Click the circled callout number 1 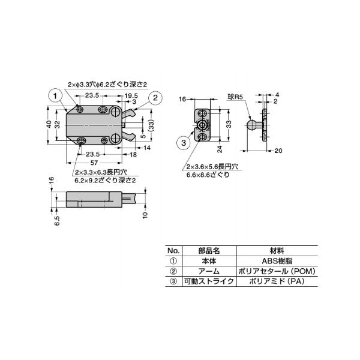[x=55, y=96]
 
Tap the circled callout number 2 [x=155, y=98]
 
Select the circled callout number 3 [x=184, y=143]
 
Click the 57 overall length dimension [x=94, y=163]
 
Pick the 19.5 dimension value [x=131, y=95]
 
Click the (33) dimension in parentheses [x=151, y=125]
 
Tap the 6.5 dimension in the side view [x=57, y=220]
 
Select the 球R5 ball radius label [x=235, y=97]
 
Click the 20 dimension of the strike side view [x=278, y=151]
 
